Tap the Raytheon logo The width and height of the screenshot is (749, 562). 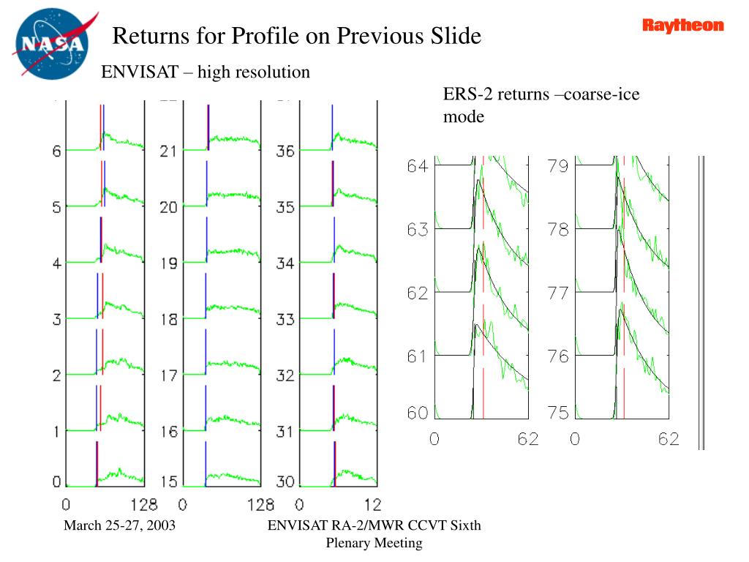pyautogui.click(x=683, y=26)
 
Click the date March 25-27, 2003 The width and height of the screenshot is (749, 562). pyautogui.click(x=119, y=525)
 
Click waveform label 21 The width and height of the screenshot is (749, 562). pyautogui.click(x=168, y=151)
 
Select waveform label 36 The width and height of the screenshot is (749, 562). pyautogui.click(x=285, y=151)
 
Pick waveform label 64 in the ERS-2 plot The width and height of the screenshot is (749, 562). pyautogui.click(x=418, y=166)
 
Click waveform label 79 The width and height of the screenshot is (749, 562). pyautogui.click(x=558, y=166)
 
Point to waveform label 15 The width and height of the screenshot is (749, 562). pyautogui.click(x=168, y=482)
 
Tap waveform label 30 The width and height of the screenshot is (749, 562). pyautogui.click(x=285, y=482)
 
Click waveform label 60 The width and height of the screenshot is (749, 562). pyautogui.click(x=418, y=413)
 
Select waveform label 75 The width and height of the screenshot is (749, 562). pyautogui.click(x=558, y=413)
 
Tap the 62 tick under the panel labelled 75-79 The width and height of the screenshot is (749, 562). pyautogui.click(x=669, y=439)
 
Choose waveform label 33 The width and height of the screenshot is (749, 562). pyautogui.click(x=285, y=319)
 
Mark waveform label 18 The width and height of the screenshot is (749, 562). pyautogui.click(x=168, y=319)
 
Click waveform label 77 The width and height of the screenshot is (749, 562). pyautogui.click(x=558, y=293)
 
